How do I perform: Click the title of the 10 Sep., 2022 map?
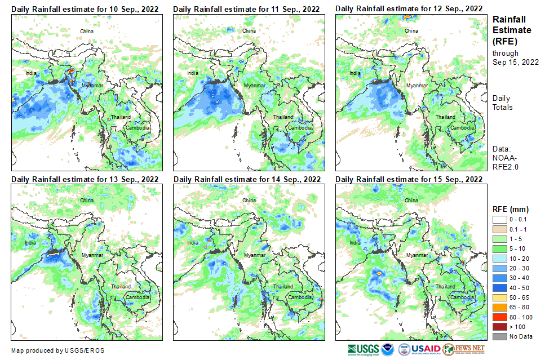pyautogui.click(x=85, y=9)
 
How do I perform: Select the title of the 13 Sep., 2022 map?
pyautogui.click(x=85, y=179)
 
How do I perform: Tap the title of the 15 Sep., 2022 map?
pyautogui.click(x=409, y=179)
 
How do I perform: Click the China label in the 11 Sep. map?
pyautogui.click(x=249, y=30)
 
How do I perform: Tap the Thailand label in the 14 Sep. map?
pyautogui.click(x=282, y=287)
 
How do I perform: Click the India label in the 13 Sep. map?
pyautogui.click(x=30, y=243)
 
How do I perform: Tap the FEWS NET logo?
pyautogui.click(x=464, y=349)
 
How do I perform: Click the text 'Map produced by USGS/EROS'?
pyautogui.click(x=57, y=350)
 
